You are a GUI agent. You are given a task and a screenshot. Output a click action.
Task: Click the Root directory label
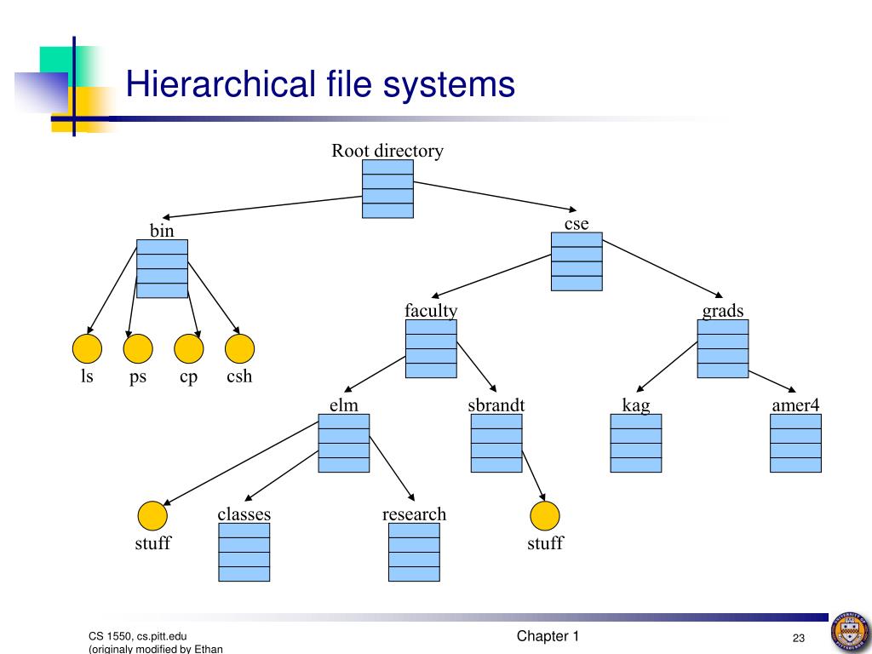387,151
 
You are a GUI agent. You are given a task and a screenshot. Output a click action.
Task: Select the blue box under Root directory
387,189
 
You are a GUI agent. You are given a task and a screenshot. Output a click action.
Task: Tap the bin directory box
162,268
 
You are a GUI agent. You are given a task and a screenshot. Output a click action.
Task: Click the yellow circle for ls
87,348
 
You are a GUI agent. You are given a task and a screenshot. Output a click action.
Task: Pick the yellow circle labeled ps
138,348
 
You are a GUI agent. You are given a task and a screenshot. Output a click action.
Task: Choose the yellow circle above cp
188,348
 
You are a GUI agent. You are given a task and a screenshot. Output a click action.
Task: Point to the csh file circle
239,348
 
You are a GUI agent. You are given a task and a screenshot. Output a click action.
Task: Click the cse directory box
577,261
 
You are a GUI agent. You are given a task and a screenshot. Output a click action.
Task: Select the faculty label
431,311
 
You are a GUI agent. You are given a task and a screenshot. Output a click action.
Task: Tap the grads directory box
723,348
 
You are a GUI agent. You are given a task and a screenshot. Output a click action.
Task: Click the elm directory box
344,443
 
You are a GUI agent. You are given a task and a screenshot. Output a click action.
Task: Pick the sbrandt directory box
496,443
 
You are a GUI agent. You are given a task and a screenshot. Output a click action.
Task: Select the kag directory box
636,443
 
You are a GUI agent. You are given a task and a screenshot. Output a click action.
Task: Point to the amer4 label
795,404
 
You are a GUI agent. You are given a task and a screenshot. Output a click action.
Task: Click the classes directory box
244,552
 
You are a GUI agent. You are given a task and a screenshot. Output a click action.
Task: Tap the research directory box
414,552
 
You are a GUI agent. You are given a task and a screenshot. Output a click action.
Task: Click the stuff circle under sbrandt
545,516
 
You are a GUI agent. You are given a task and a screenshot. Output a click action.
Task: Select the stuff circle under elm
152,516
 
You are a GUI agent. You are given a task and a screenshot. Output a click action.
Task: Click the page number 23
799,639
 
